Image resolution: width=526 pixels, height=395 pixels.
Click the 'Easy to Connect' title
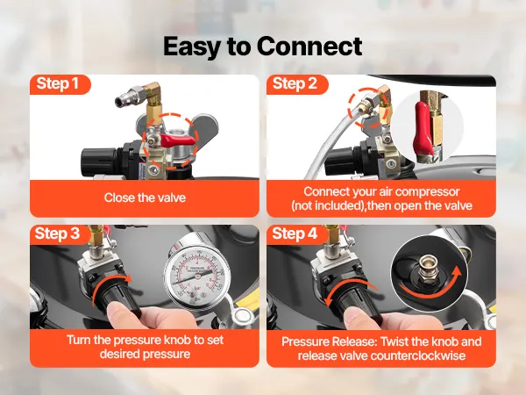tap(263, 47)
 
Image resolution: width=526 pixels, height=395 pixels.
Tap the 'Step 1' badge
tap(59, 84)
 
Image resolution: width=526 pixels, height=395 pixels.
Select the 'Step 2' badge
tap(295, 84)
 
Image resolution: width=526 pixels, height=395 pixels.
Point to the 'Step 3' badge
tap(59, 234)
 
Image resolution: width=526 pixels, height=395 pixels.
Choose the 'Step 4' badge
tap(295, 234)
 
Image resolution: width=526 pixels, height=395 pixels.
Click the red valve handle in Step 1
tap(177, 139)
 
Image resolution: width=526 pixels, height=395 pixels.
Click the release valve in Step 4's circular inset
tap(425, 268)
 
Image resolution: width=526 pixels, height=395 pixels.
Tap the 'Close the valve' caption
tap(145, 197)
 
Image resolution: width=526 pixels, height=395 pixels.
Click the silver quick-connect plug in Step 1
tap(129, 96)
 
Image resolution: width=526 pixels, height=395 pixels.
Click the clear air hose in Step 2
tap(329, 141)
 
